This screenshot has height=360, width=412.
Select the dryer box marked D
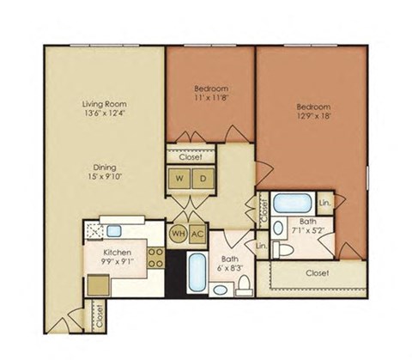click(203, 180)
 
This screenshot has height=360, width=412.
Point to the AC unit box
click(197, 233)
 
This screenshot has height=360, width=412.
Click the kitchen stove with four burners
click(156, 257)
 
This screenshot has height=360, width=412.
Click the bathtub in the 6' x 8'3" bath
click(197, 273)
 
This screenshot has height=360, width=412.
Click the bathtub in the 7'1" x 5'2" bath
click(293, 206)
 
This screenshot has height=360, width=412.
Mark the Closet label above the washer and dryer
click(191, 157)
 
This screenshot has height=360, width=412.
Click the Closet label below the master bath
click(317, 273)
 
